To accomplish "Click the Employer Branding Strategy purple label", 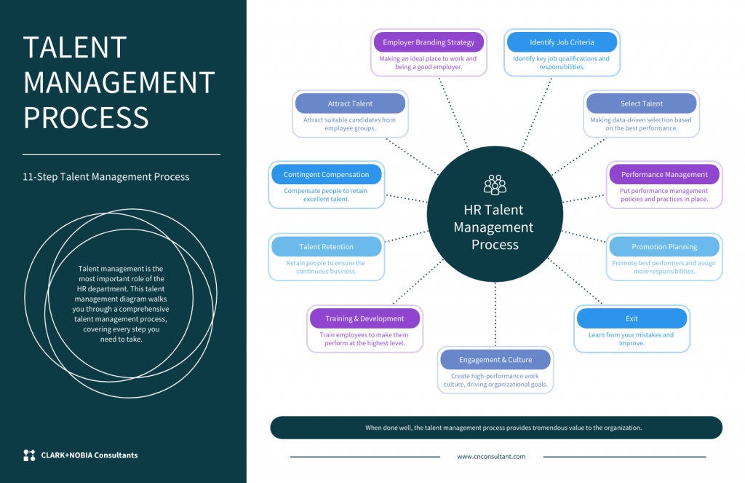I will (x=428, y=42).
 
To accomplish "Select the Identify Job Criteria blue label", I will (x=562, y=42).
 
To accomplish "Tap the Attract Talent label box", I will (x=350, y=103).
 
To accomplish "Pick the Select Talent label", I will (x=641, y=103).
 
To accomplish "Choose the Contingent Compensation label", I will (x=326, y=175).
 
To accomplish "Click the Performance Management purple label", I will (x=664, y=175).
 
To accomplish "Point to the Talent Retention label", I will (x=326, y=247).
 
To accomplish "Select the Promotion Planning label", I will (x=664, y=247).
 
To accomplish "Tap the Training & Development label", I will (x=364, y=318).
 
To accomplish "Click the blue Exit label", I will (x=632, y=318).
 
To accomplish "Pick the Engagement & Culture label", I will (x=495, y=360).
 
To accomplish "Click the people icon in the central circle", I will (x=495, y=184).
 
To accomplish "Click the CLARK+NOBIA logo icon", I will (x=29, y=455).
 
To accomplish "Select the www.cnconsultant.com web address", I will (x=491, y=457).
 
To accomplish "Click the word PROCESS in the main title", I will (x=86, y=117).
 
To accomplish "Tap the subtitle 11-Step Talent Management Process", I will (x=106, y=177).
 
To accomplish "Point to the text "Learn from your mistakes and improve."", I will (x=632, y=339).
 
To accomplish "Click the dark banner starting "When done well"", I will (x=496, y=428).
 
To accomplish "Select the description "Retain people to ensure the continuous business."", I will (x=326, y=267).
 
